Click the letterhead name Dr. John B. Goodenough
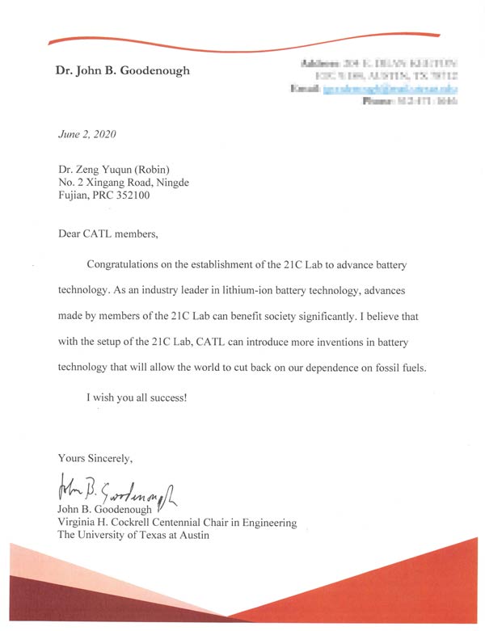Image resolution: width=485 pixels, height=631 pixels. point(123,70)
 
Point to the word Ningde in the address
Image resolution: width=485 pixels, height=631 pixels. point(171,183)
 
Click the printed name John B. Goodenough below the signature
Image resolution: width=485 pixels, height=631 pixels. point(106,511)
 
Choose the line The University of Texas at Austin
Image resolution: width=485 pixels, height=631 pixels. point(133,535)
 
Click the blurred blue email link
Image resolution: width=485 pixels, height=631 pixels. point(391,88)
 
